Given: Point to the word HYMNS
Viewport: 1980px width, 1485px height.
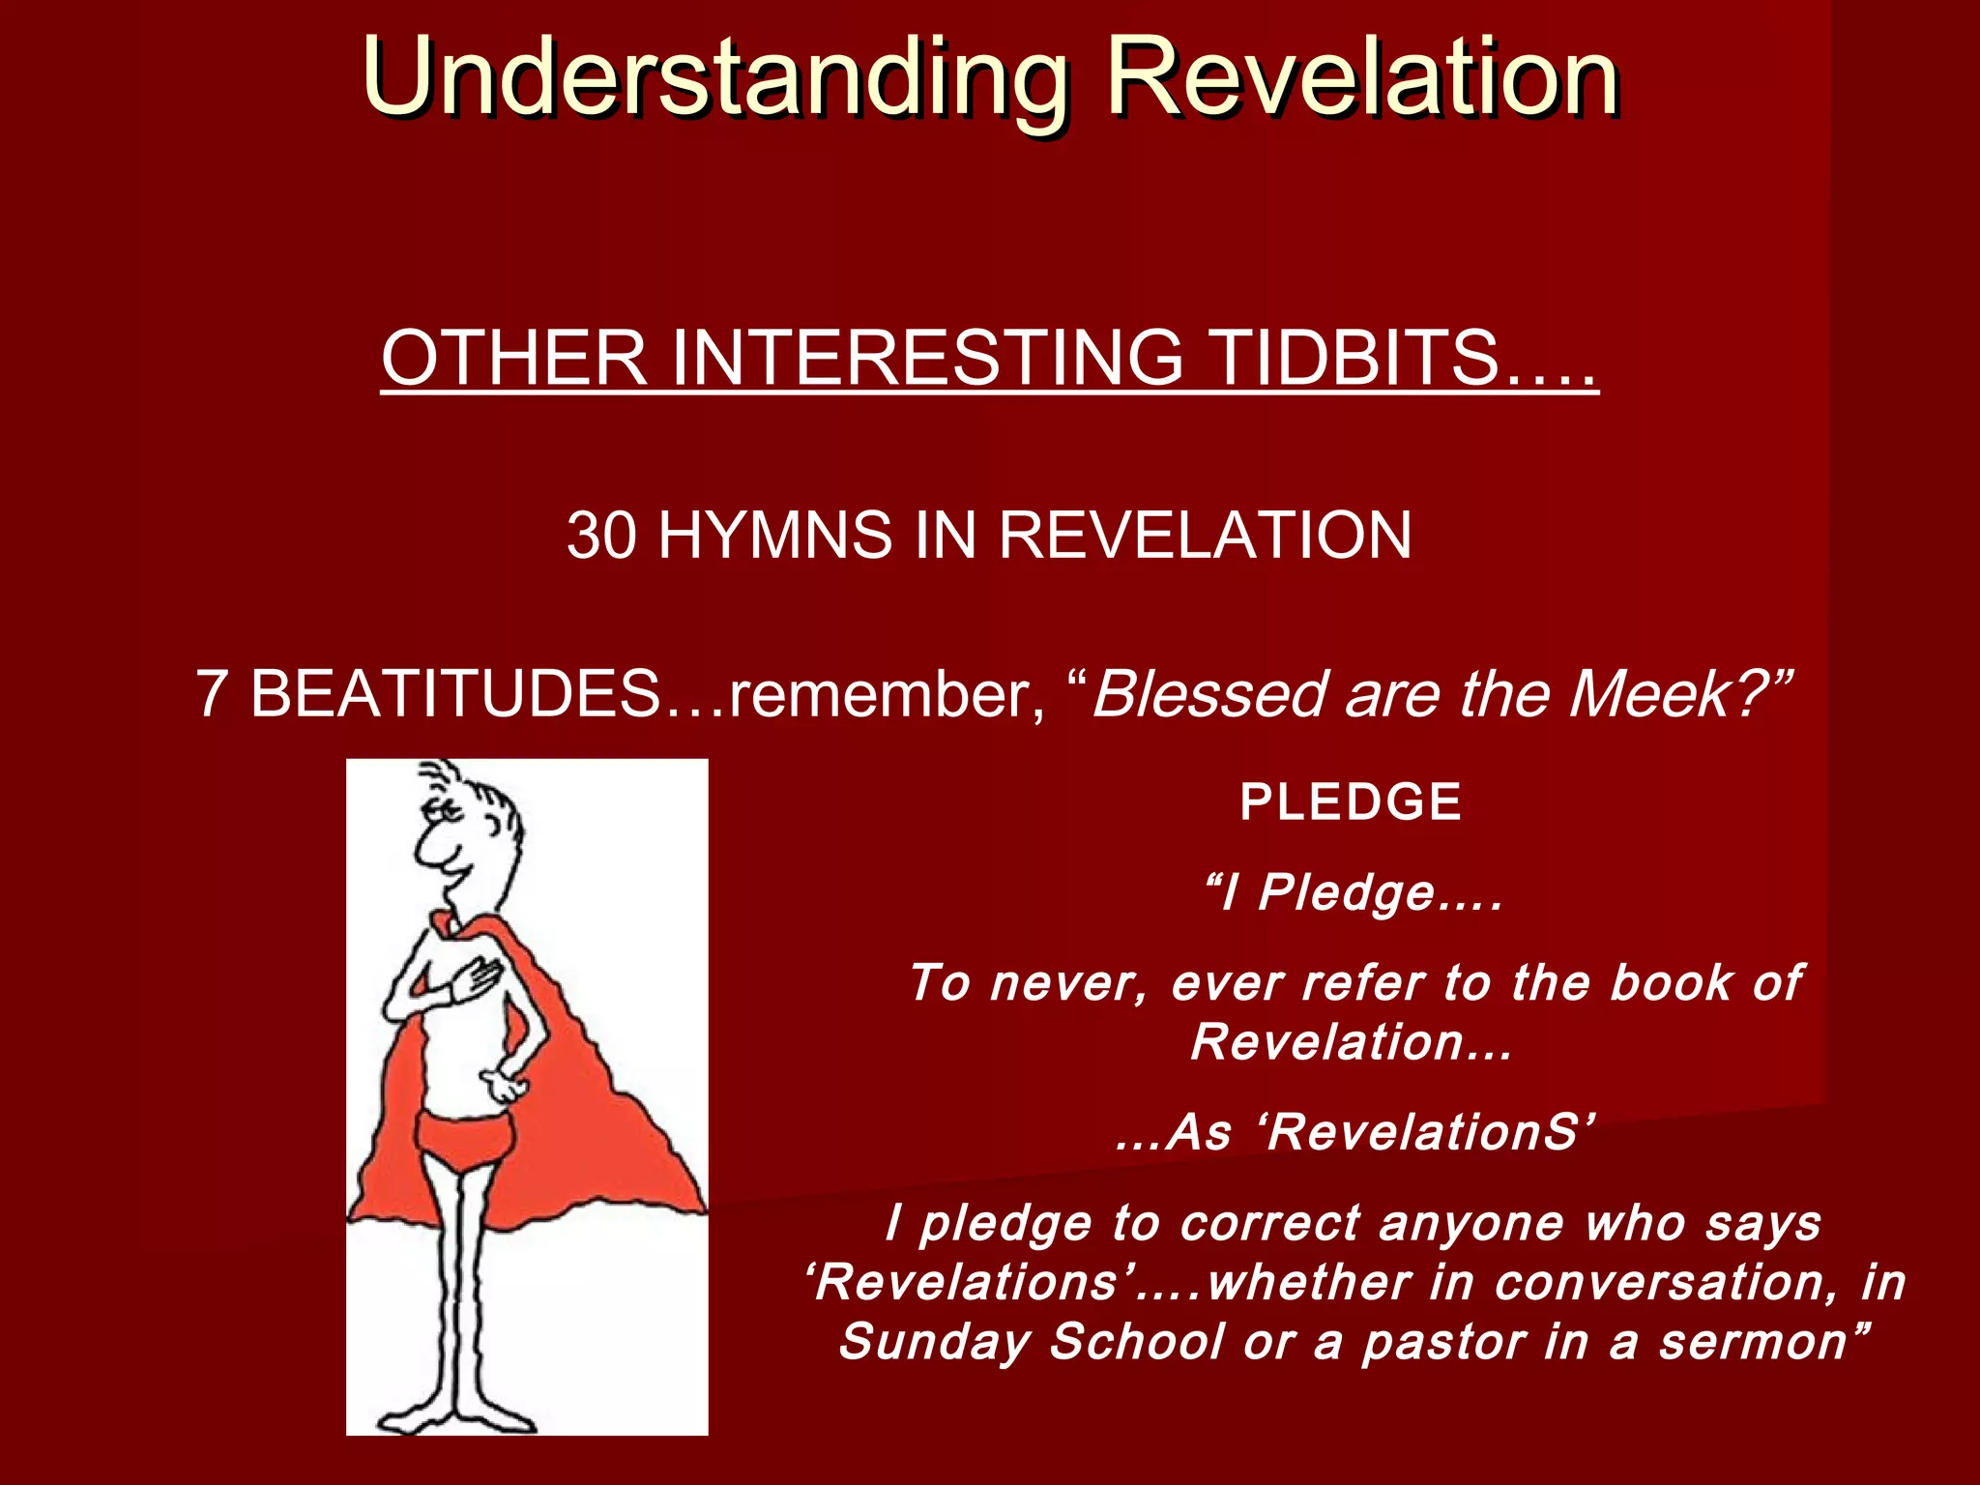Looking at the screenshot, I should [x=774, y=535].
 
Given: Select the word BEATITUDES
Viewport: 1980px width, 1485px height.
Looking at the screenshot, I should [x=454, y=694].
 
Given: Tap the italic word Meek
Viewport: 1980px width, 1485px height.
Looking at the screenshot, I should [x=1652, y=694].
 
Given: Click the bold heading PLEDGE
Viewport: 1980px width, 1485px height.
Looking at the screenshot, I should [x=1351, y=801].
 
